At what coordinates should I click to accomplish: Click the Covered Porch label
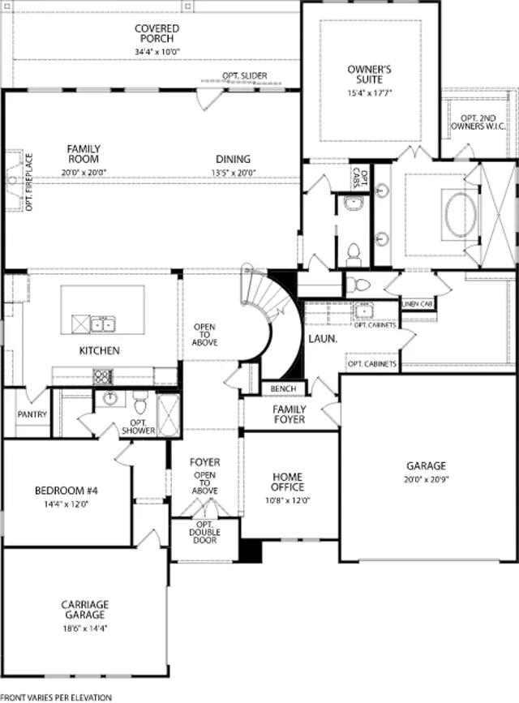[x=157, y=33]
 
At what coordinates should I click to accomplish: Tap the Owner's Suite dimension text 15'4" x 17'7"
[x=370, y=93]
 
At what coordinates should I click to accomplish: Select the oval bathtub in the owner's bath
[x=461, y=214]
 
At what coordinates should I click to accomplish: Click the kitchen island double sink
[x=103, y=324]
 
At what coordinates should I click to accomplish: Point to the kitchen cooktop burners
[x=103, y=376]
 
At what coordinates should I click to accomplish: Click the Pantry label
[x=32, y=414]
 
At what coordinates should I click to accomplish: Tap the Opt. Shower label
[x=139, y=427]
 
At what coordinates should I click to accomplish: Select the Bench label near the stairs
[x=284, y=388]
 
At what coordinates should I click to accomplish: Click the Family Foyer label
[x=290, y=414]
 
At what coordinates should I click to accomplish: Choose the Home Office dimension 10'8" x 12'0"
[x=288, y=500]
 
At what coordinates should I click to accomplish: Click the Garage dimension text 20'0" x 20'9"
[x=426, y=479]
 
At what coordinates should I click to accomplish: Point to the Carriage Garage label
[x=85, y=610]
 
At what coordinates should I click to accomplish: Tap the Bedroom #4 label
[x=66, y=491]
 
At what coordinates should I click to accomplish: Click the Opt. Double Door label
[x=204, y=533]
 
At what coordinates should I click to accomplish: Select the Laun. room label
[x=323, y=339]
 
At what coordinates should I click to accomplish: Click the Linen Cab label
[x=418, y=304]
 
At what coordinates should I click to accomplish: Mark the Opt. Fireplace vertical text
[x=29, y=182]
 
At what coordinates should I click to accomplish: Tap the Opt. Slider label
[x=244, y=75]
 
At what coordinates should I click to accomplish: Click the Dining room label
[x=234, y=159]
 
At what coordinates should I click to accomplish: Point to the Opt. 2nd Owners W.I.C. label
[x=478, y=122]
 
